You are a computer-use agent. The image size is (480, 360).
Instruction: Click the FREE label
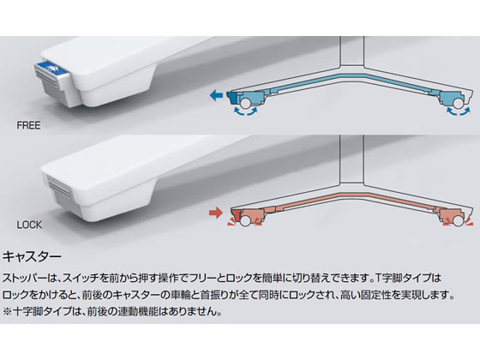tap(28, 125)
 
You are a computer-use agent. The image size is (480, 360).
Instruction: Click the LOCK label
tap(29, 225)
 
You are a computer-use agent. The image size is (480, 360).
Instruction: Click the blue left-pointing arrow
tap(216, 95)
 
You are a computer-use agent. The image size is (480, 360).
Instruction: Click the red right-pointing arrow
tap(215, 213)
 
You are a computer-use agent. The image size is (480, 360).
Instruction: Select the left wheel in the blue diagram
tap(245, 103)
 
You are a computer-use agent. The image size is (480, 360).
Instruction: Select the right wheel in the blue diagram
tap(459, 103)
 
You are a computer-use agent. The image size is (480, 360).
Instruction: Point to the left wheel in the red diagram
tap(245, 220)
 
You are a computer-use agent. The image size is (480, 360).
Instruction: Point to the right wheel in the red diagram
tap(459, 220)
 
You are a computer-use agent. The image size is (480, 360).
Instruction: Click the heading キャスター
tap(33, 256)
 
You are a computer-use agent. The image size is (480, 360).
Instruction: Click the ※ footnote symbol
tap(8, 312)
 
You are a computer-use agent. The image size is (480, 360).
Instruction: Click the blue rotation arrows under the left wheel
tap(245, 111)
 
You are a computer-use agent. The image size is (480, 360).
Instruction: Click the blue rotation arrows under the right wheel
tap(459, 111)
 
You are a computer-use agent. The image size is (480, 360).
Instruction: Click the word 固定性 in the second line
tap(379, 295)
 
